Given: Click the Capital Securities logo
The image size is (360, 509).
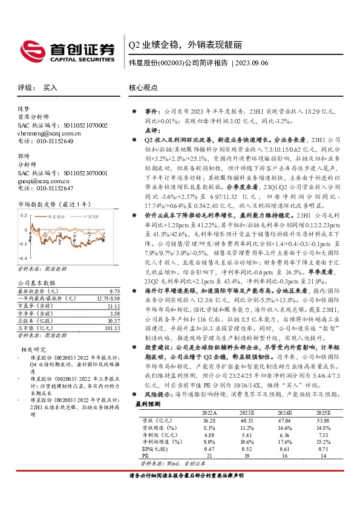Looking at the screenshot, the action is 67,50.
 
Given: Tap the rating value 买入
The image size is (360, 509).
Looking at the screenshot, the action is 50,88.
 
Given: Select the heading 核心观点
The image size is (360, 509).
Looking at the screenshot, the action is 143,88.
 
